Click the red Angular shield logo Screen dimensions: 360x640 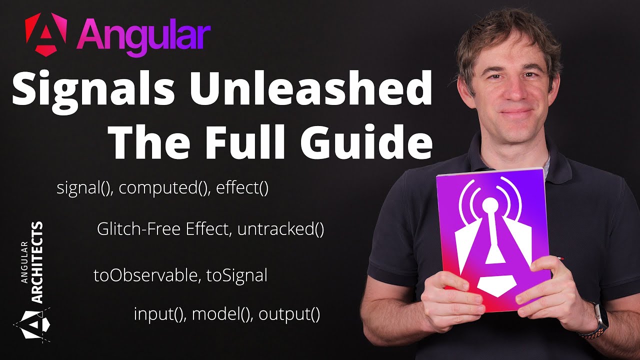point(45,33)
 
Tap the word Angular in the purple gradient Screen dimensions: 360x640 point(143,35)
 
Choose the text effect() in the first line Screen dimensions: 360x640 point(242,189)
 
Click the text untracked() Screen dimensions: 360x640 point(281,230)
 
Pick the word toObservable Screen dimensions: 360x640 point(147,275)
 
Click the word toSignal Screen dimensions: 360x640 point(237,275)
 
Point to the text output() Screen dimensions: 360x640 point(289,314)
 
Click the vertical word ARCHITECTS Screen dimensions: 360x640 point(37,262)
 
